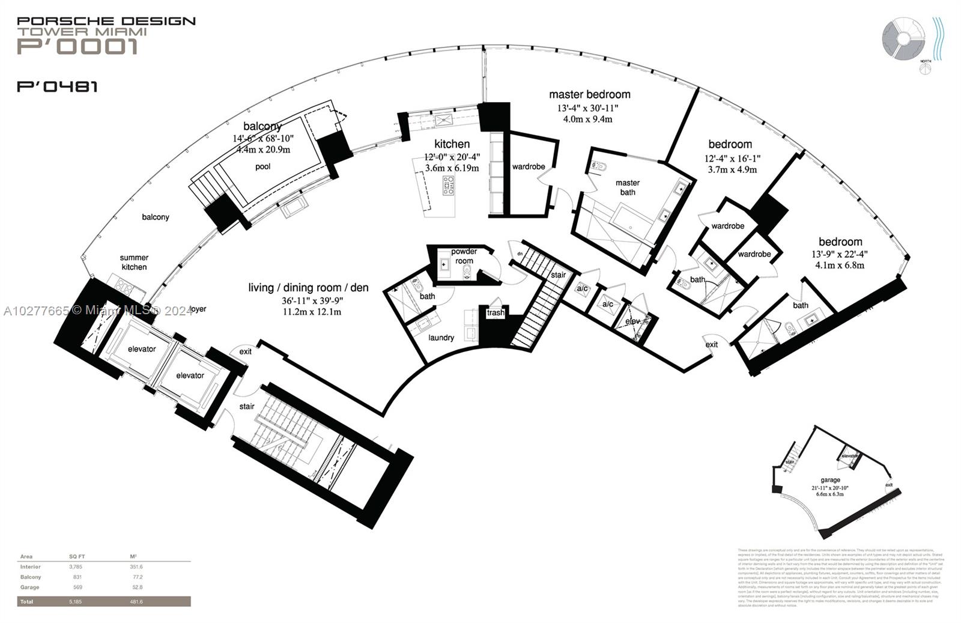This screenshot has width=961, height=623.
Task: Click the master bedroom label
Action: [589, 94]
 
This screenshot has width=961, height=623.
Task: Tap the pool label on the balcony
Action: [262, 166]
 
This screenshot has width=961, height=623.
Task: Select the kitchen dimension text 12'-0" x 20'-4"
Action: [452, 157]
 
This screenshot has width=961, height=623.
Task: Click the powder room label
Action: [464, 256]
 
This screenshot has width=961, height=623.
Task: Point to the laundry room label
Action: [441, 338]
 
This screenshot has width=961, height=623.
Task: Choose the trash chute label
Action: [496, 313]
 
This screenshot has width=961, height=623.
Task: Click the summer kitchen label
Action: [134, 263]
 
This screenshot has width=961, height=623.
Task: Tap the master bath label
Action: [627, 187]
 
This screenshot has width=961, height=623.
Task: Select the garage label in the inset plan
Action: [830, 480]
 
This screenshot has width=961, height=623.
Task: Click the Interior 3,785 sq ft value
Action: [75, 567]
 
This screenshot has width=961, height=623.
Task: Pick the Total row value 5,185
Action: [76, 601]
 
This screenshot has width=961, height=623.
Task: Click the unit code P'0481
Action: [57, 87]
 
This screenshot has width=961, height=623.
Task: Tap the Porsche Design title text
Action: [106, 21]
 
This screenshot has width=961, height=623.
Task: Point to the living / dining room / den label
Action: [308, 288]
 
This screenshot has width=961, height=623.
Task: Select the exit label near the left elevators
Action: [245, 351]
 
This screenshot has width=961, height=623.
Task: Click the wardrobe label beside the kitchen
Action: [529, 166]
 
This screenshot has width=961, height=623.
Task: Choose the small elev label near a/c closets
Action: [632, 321]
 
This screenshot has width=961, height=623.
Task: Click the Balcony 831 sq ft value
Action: [77, 577]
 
